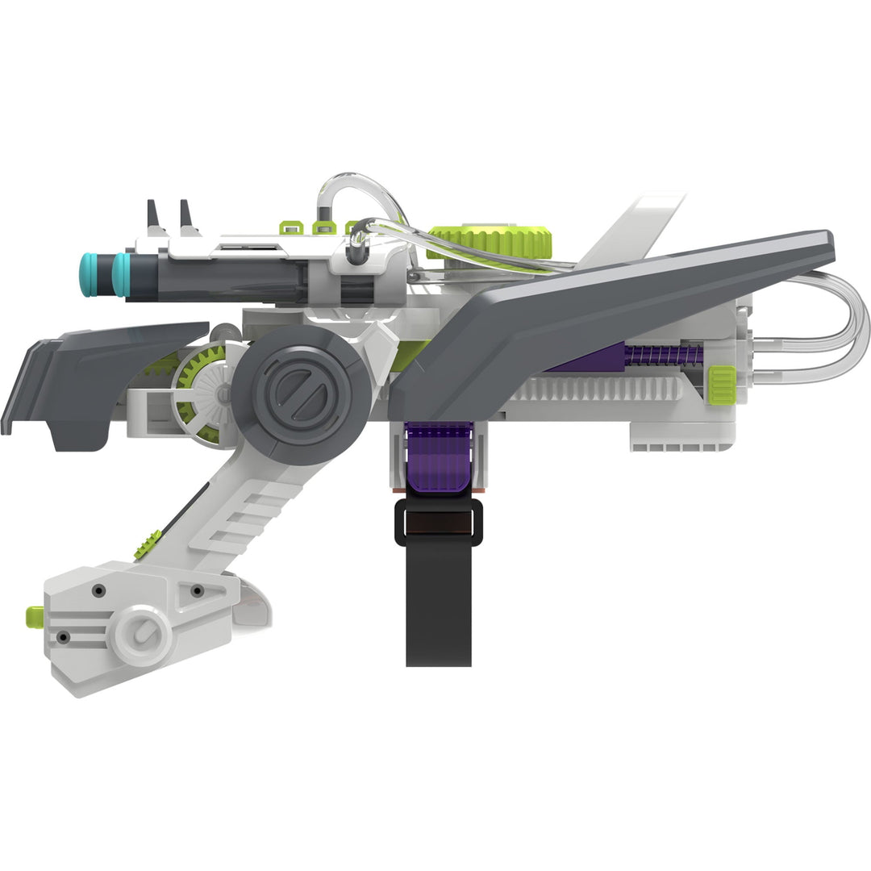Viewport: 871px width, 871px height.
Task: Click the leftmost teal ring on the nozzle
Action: (x=88, y=274)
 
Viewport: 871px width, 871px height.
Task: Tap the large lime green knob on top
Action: (x=492, y=241)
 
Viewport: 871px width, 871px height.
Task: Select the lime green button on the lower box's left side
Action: (x=35, y=615)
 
